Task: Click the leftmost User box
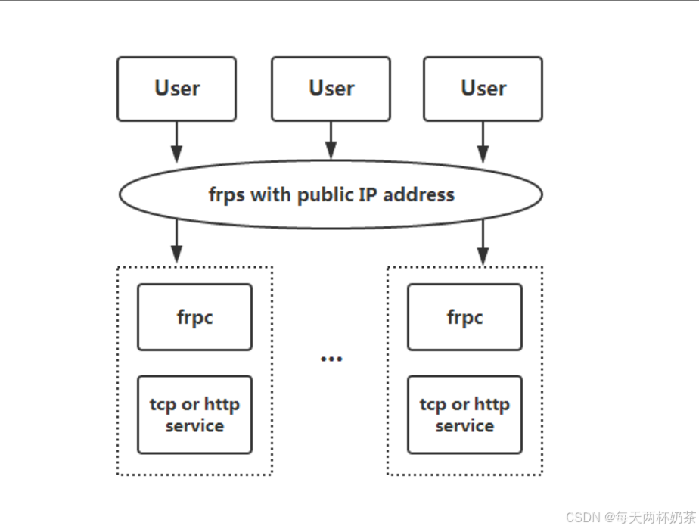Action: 176,89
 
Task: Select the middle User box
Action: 331,89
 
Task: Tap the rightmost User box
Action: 483,89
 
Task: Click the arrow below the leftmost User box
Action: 176,142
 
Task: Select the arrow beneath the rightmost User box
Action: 483,142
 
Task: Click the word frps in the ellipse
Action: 227,195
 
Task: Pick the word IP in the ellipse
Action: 371,194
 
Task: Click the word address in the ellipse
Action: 419,194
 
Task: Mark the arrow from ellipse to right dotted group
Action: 483,242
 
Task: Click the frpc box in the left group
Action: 194,317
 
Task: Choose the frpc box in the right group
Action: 464,317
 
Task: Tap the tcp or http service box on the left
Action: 194,415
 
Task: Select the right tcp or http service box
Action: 464,415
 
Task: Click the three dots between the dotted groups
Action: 331,359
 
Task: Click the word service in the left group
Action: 194,426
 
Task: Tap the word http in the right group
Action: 492,404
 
